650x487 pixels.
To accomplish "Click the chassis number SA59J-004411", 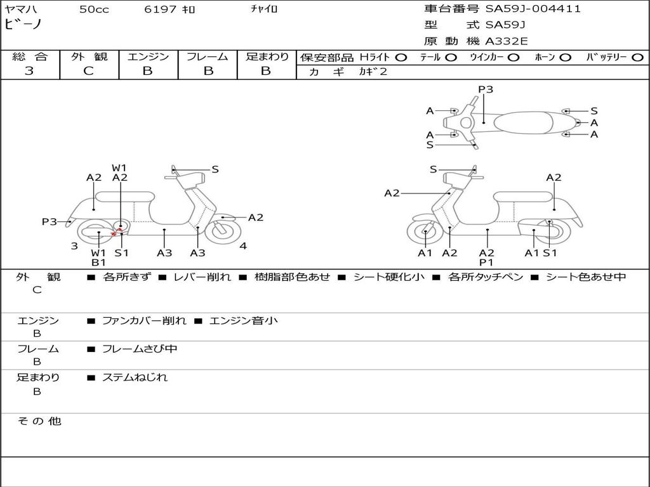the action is (x=533, y=9).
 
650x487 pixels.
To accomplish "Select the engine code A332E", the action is (x=507, y=41).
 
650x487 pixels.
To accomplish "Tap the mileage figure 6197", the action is (x=160, y=9).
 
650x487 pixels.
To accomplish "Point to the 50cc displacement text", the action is (x=94, y=9).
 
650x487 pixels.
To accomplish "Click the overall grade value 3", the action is (x=29, y=71).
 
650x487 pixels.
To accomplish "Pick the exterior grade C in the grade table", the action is (x=88, y=71).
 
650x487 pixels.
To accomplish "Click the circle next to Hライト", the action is (x=401, y=58).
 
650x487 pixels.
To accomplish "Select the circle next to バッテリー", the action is (x=637, y=58).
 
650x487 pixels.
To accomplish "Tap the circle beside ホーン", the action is (x=565, y=58).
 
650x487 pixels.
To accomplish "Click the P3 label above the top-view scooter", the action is (x=486, y=89).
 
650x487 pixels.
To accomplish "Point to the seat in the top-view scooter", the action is (x=523, y=122).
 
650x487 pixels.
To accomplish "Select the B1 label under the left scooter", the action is (x=98, y=262).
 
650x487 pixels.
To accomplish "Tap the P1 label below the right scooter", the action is (x=486, y=262).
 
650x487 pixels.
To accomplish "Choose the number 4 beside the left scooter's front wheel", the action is (x=243, y=246).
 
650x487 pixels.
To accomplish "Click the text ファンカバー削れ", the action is (x=144, y=320).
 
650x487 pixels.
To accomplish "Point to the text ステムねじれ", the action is (x=135, y=377).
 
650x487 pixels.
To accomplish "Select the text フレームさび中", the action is (x=140, y=349).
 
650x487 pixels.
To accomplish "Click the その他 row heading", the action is (x=39, y=421).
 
